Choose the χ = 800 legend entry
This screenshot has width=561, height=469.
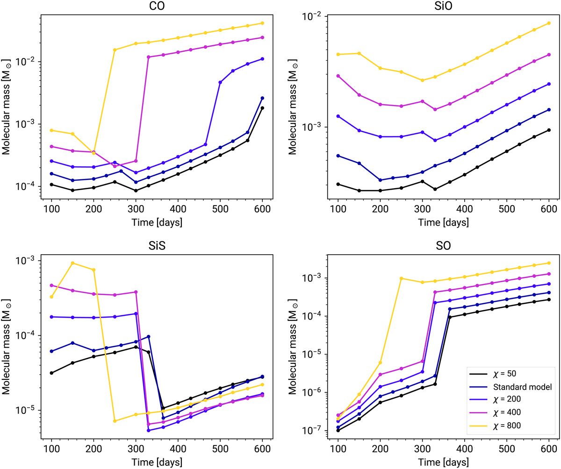(505, 425)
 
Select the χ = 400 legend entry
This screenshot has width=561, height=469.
(505, 412)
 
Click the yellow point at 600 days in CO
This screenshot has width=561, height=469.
(262, 23)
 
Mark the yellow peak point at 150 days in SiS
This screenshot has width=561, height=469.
(72, 263)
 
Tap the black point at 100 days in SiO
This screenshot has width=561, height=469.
(338, 184)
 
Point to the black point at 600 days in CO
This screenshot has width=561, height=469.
(262, 108)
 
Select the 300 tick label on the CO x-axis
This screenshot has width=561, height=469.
(136, 208)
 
